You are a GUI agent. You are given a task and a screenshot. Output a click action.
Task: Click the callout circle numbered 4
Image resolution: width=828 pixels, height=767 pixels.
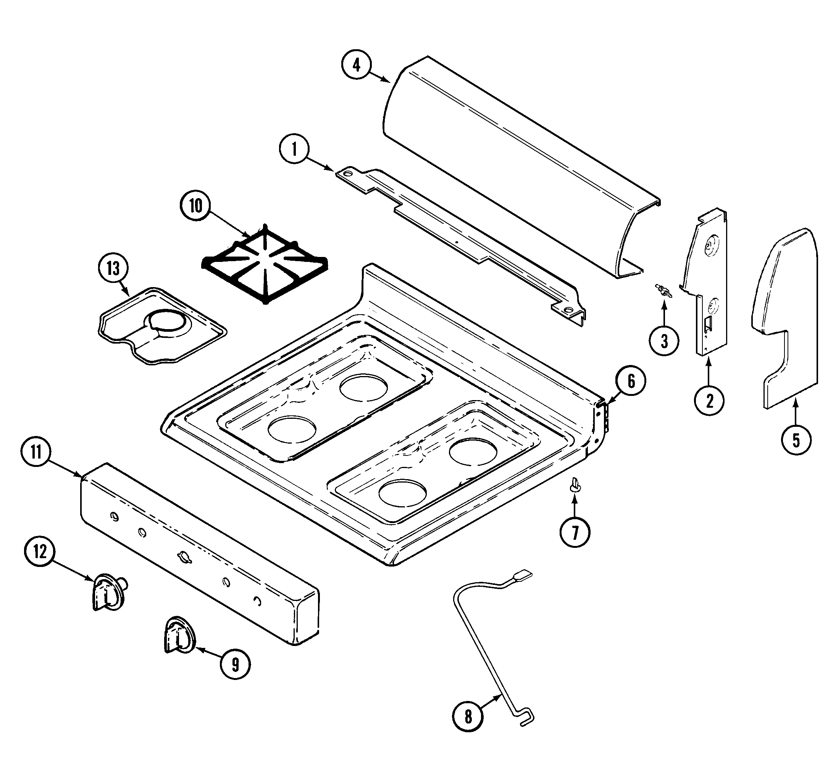(356, 66)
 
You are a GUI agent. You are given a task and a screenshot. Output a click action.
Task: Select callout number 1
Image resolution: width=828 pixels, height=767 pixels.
(294, 149)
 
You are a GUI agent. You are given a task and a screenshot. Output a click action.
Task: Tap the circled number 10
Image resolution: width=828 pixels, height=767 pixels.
(195, 206)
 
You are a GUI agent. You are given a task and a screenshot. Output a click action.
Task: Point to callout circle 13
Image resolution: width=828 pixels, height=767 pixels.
(113, 268)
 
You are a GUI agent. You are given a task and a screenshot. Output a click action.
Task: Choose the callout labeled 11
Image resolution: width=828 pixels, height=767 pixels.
(36, 452)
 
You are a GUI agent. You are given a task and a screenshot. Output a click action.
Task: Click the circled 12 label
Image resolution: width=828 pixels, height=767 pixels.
(40, 552)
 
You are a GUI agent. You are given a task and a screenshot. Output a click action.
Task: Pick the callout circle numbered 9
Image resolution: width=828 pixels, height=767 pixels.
(235, 665)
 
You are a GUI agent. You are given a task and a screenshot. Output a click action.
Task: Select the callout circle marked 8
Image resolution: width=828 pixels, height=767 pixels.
(468, 715)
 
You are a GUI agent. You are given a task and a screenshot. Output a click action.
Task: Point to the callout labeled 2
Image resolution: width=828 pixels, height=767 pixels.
(709, 401)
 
